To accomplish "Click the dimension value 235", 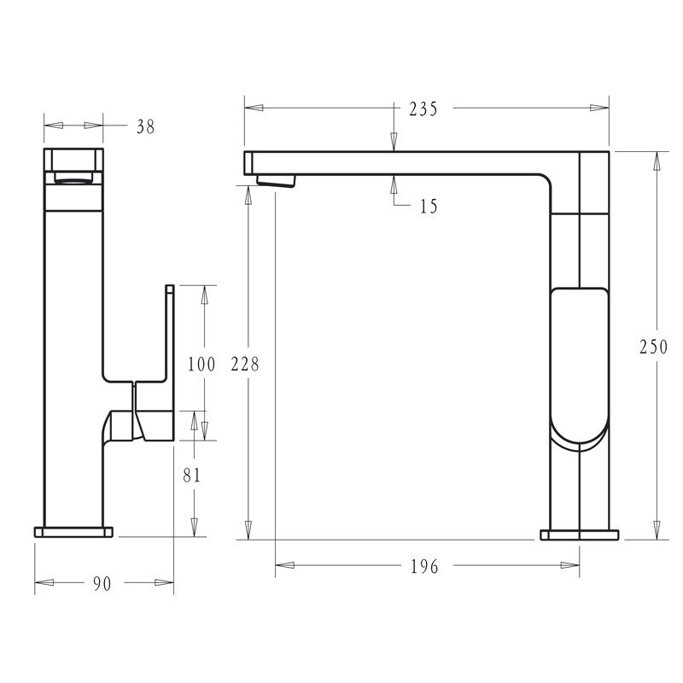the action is click(x=423, y=109).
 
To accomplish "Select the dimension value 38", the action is click(x=145, y=126).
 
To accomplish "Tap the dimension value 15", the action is click(x=429, y=206).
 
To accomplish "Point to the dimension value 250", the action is click(x=653, y=347).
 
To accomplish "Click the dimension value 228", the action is click(x=245, y=364).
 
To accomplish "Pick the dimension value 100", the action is click(x=201, y=364).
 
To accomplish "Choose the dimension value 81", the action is click(x=191, y=476).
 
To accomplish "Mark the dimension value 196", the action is click(x=424, y=566).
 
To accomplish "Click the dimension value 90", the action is click(x=102, y=584).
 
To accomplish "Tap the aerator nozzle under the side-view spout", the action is click(x=276, y=180).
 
